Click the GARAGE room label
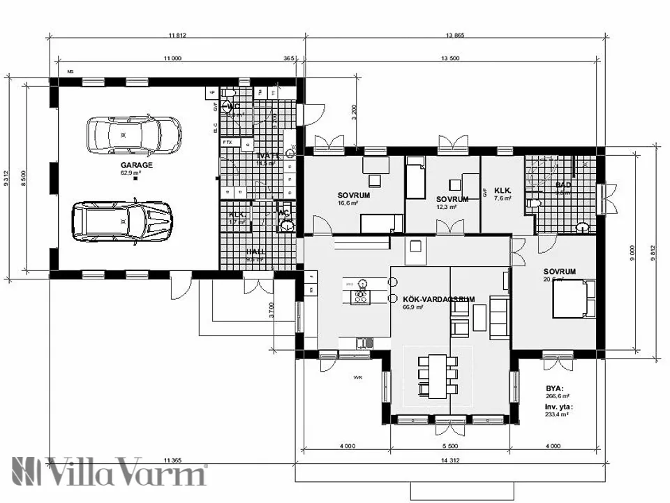click(x=136, y=166)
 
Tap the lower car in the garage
click(x=122, y=221)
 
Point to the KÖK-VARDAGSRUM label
click(x=438, y=298)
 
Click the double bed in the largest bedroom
click(x=574, y=298)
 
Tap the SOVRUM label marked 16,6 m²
click(x=353, y=196)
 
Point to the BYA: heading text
click(x=555, y=388)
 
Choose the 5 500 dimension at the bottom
click(x=450, y=446)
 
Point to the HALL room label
click(x=256, y=251)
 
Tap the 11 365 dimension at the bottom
click(x=172, y=460)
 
